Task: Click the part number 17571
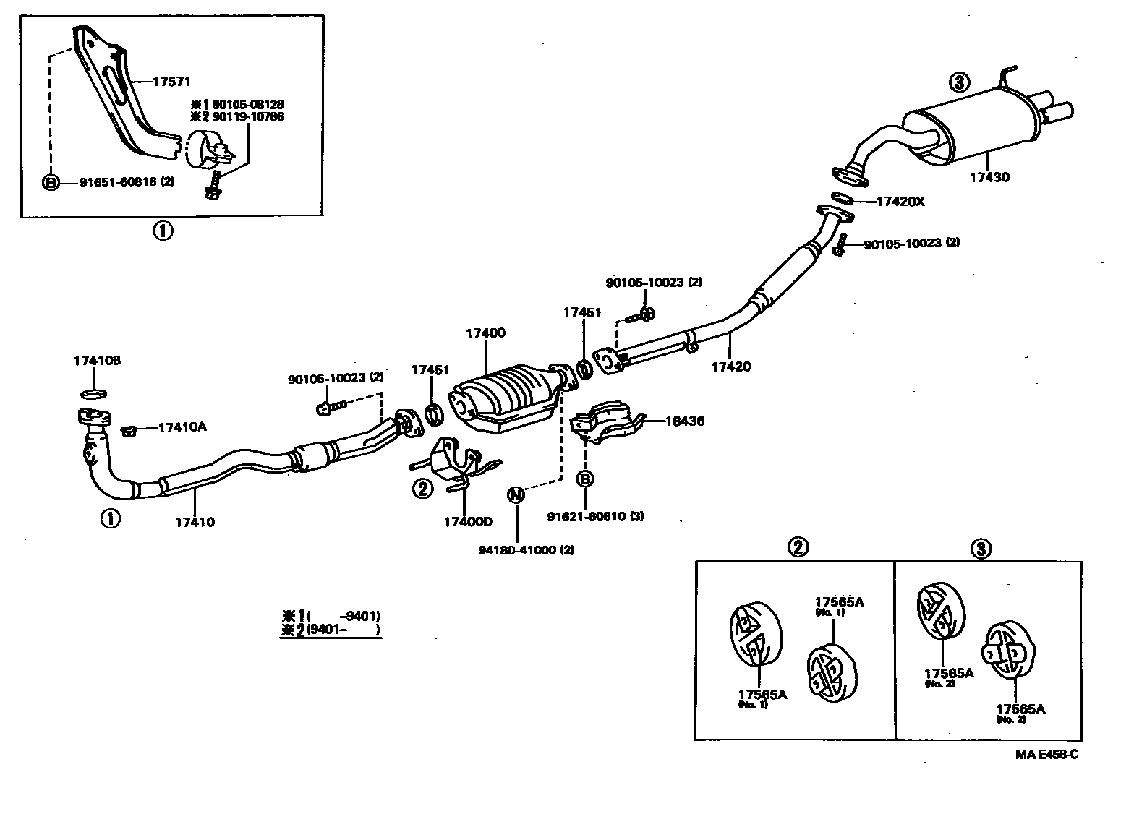pyautogui.click(x=171, y=82)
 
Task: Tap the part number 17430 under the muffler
pyautogui.click(x=990, y=177)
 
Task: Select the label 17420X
pyautogui.click(x=900, y=202)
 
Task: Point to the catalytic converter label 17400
pyautogui.click(x=485, y=333)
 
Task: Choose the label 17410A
pyautogui.click(x=182, y=427)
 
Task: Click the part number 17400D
pyautogui.click(x=468, y=521)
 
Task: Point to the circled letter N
pyautogui.click(x=516, y=495)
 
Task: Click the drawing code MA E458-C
pyautogui.click(x=1046, y=755)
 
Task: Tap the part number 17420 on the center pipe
pyautogui.click(x=730, y=367)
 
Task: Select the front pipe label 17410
pyautogui.click(x=194, y=522)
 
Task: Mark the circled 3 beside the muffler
pyautogui.click(x=959, y=82)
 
